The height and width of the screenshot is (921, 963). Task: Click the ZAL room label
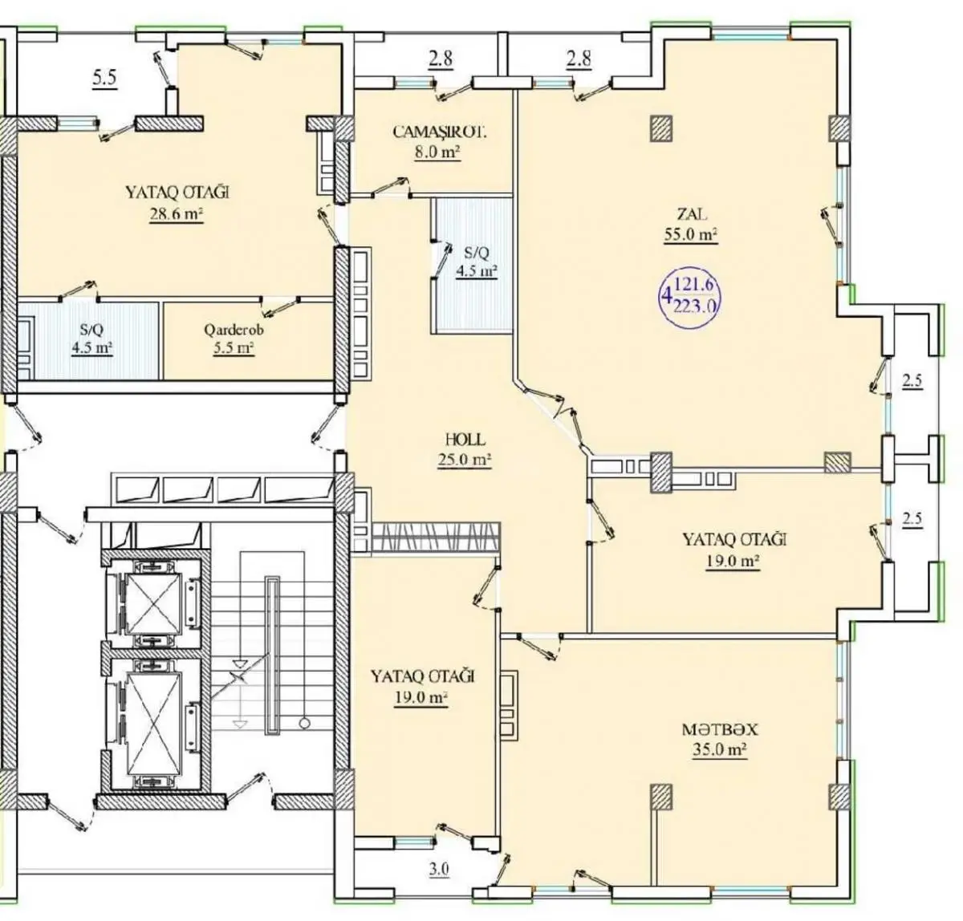[x=692, y=214]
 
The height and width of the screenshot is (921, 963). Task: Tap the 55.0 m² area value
[x=691, y=234]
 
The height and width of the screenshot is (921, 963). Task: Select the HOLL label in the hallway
[x=465, y=439]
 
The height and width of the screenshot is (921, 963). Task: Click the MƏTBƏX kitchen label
[x=720, y=729]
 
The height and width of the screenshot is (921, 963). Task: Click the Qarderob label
[x=234, y=330]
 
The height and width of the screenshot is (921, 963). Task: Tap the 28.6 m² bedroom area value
[x=177, y=213]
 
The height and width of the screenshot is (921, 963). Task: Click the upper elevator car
[x=154, y=604]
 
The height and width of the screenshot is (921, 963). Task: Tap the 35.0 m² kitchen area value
[x=720, y=750]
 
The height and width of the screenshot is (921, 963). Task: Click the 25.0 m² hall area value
[x=464, y=460]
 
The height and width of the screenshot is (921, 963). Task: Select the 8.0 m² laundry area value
[x=438, y=152]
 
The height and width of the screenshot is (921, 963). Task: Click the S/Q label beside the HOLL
[x=477, y=254]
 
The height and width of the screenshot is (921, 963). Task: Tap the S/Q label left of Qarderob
[x=92, y=330]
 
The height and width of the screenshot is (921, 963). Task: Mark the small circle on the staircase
[x=305, y=724]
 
